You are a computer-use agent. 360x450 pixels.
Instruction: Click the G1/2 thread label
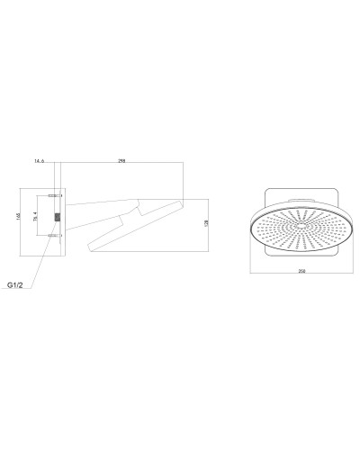pos(16,285)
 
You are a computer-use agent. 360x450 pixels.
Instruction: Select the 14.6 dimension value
pos(39,161)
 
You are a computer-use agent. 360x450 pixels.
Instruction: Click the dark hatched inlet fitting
pos(58,217)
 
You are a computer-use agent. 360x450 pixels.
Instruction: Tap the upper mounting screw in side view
pos(54,195)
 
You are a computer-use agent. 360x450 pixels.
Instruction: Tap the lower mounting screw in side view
pos(54,236)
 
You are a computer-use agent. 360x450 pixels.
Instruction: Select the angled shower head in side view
pos(135,229)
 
